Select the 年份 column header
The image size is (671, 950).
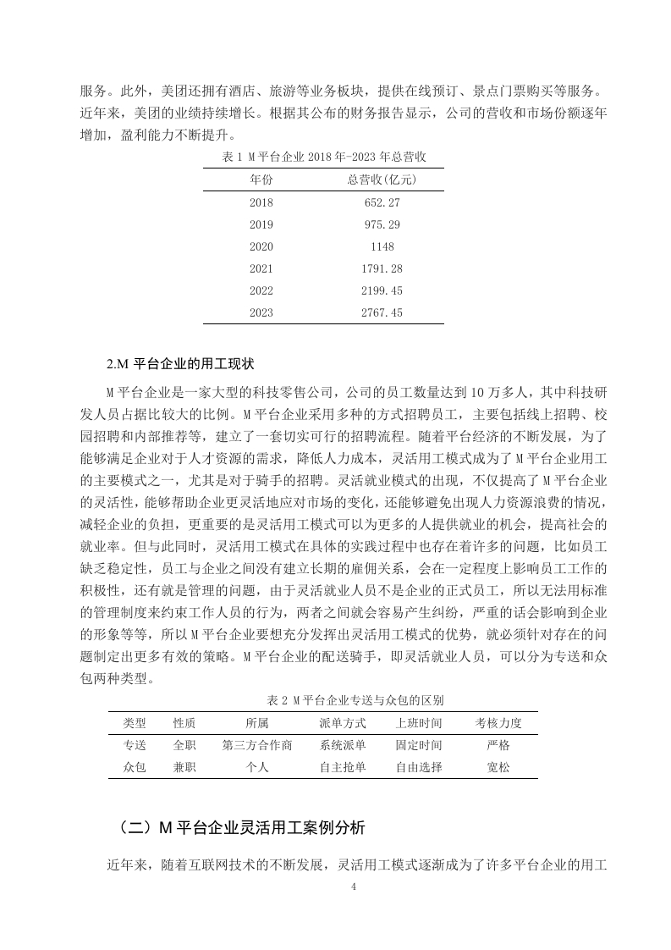[x=261, y=180]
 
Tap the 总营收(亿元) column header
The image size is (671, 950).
[x=383, y=180]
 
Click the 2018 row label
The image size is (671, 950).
[x=261, y=202]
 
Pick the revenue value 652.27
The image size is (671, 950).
[x=383, y=202]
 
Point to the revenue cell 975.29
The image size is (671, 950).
[x=383, y=224]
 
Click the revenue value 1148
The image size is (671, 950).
[x=383, y=246]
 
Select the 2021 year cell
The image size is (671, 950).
[x=261, y=268]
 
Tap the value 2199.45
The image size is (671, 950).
[x=383, y=290]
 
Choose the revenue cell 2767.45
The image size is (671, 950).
[x=383, y=312]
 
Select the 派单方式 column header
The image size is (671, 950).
[x=343, y=723]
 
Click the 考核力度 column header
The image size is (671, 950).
[x=498, y=723]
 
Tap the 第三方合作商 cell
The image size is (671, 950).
[x=257, y=745]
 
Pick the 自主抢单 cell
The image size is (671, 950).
[x=343, y=767]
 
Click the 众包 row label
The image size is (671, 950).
[x=135, y=767]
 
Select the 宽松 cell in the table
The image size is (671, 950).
[x=498, y=767]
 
